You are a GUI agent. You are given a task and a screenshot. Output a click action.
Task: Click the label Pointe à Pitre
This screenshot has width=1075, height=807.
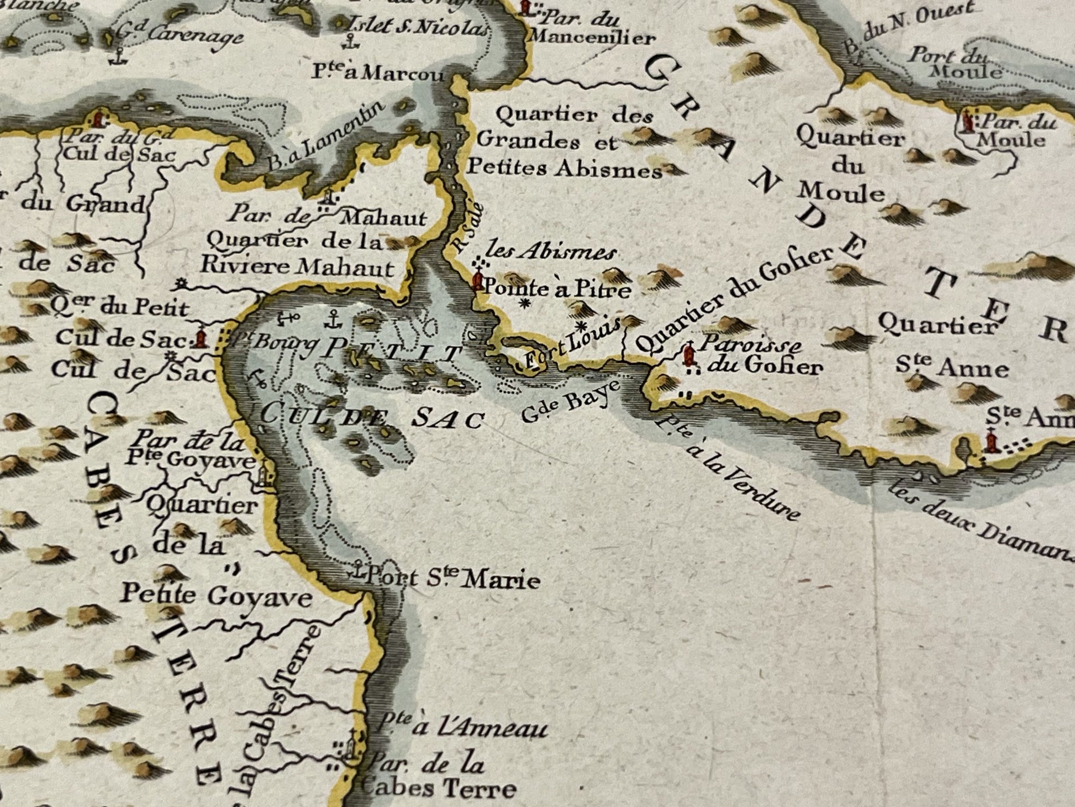pyautogui.click(x=557, y=289)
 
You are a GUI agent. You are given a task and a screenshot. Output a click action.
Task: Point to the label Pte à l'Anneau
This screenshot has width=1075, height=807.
pyautogui.click(x=464, y=727)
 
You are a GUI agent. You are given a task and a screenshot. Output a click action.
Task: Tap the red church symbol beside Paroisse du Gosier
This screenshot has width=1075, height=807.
pyautogui.click(x=688, y=355)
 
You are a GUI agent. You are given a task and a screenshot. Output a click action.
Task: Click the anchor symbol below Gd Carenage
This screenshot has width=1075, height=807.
pyautogui.click(x=117, y=56)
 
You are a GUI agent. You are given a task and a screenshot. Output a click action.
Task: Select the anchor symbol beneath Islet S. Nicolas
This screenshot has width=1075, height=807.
pyautogui.click(x=349, y=41)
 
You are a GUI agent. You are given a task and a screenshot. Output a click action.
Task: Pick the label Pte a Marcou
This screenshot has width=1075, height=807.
pyautogui.click(x=378, y=72)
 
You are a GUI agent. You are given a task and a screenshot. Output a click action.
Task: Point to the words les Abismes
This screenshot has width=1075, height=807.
pyautogui.click(x=552, y=253)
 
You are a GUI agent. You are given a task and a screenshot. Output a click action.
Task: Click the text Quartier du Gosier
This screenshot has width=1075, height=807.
pyautogui.click(x=735, y=298)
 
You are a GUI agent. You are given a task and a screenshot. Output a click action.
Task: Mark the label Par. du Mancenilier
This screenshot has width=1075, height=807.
pyautogui.click(x=591, y=29)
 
